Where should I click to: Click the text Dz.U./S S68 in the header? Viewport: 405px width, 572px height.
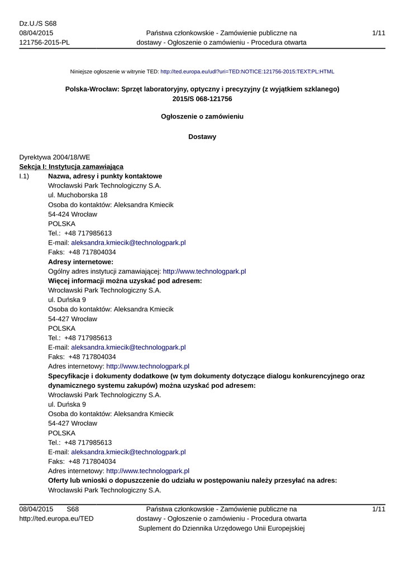tap(38, 23)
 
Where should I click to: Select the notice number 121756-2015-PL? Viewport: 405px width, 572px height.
tap(45, 42)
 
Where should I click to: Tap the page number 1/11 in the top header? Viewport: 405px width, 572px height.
tap(378, 33)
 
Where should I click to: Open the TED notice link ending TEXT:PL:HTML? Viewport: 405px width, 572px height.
tap(247, 72)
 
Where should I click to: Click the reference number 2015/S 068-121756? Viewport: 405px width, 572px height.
tap(202, 99)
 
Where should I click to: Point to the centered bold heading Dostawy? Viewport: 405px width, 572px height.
tap(202, 137)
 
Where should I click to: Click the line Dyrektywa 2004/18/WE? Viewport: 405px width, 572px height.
tap(55, 158)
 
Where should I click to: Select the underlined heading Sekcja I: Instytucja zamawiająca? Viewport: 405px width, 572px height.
tap(72, 167)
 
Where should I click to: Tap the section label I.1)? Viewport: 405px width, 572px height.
tap(25, 177)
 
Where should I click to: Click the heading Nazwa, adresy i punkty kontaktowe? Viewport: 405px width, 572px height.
tap(105, 177)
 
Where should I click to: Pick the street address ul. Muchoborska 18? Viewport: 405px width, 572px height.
tap(78, 196)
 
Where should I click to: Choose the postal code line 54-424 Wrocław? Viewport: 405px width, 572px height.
tap(73, 214)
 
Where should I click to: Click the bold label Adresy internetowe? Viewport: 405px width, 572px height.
tap(81, 262)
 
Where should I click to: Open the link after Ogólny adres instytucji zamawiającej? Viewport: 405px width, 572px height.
tap(204, 271)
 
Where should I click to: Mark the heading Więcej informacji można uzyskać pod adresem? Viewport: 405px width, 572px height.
tap(125, 281)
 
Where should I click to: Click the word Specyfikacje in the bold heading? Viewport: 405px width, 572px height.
tap(70, 376)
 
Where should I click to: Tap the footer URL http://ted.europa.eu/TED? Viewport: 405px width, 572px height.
tap(56, 519)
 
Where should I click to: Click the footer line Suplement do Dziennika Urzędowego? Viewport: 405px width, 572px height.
tap(221, 528)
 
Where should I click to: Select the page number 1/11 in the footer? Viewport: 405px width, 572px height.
tap(378, 509)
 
